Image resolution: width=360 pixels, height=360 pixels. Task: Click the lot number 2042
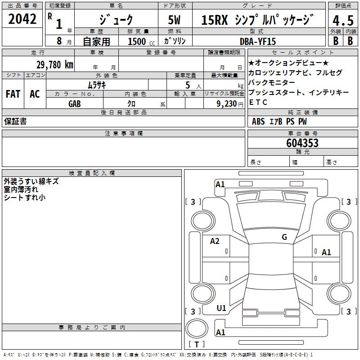[x=22, y=19]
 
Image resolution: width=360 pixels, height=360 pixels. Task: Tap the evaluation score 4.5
[x=342, y=21]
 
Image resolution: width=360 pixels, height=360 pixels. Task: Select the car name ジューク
[x=116, y=19]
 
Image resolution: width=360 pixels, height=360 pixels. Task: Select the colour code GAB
[x=75, y=103]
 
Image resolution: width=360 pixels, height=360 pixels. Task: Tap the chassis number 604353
[x=302, y=143]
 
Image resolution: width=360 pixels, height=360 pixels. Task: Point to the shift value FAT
[x=13, y=94]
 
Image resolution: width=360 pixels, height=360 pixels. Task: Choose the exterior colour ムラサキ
[x=96, y=85]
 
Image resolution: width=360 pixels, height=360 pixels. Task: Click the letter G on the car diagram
[x=284, y=237]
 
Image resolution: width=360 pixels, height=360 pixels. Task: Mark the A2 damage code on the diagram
[x=215, y=241]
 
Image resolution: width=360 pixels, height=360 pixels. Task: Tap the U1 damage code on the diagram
[x=221, y=308]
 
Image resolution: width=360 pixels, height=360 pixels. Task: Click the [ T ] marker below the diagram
[x=196, y=345]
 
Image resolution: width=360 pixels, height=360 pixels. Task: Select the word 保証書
[x=15, y=121]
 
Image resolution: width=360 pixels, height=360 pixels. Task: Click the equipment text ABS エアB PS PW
[x=279, y=121]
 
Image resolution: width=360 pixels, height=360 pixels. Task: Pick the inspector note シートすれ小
[x=24, y=198]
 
